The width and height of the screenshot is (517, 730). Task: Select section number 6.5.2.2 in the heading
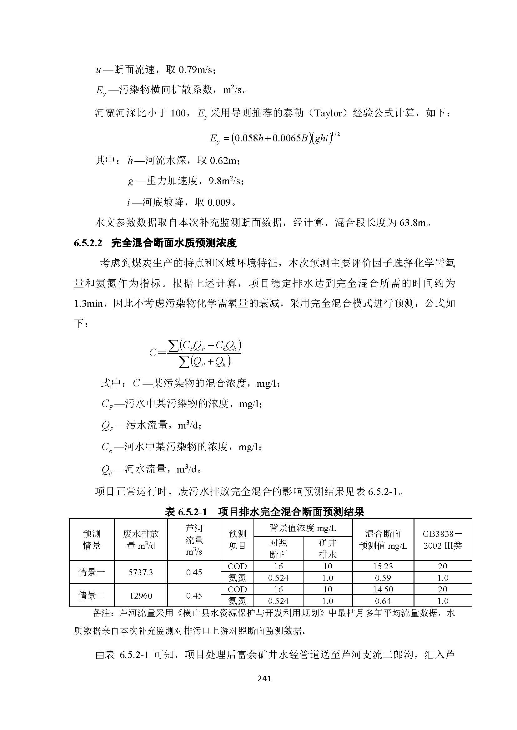(x=88, y=243)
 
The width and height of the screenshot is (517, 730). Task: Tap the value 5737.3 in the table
(x=140, y=572)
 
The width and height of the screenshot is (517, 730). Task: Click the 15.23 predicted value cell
(x=383, y=566)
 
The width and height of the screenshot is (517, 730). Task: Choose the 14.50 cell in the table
(x=383, y=590)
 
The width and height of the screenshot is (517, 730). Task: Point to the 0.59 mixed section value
(x=383, y=578)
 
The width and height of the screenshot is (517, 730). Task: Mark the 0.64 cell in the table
(x=383, y=601)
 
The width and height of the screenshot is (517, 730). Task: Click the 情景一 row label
(x=92, y=572)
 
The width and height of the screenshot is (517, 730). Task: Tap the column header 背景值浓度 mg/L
(x=303, y=528)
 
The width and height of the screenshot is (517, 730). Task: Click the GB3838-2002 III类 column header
(x=443, y=540)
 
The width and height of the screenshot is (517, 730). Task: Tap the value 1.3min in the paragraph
(x=88, y=304)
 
